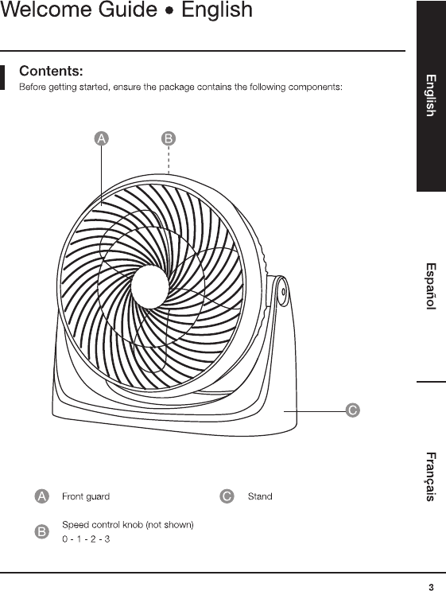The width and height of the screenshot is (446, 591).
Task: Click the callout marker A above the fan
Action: [x=101, y=138]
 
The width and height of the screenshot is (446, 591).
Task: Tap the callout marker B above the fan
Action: [x=169, y=138]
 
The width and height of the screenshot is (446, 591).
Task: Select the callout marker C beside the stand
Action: [x=352, y=410]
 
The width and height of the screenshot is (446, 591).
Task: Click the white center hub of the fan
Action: [x=149, y=286]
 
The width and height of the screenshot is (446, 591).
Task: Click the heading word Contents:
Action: [x=51, y=71]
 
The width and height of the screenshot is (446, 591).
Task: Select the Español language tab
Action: [x=431, y=286]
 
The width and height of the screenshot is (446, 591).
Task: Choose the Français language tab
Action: [x=431, y=476]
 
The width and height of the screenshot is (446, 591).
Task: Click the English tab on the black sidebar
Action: [x=431, y=95]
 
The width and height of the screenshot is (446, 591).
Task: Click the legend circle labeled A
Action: [x=42, y=496]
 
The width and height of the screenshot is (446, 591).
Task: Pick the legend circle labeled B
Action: [x=42, y=532]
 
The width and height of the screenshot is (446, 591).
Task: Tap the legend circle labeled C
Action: [x=227, y=496]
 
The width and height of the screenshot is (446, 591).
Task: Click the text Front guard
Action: [x=86, y=496]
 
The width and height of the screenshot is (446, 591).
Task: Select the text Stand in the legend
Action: [x=260, y=496]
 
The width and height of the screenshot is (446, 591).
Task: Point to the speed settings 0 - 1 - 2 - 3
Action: [x=86, y=539]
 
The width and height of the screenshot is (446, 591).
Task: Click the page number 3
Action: [x=431, y=587]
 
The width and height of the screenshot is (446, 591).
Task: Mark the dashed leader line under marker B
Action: [x=169, y=160]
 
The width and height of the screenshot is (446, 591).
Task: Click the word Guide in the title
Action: [x=128, y=10]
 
